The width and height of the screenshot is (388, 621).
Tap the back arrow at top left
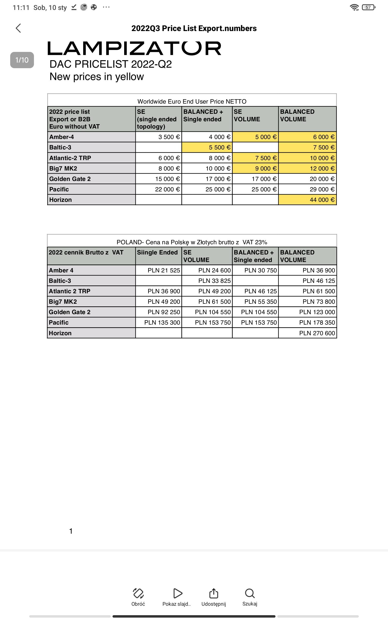(18, 28)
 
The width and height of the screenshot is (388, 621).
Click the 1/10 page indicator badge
(22, 60)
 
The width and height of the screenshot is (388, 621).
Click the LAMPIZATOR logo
(134, 49)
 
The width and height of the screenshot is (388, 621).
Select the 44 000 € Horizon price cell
(307, 200)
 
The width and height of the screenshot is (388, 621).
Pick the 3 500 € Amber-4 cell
(159, 137)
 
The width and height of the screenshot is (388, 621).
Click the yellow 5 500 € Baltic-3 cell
(207, 147)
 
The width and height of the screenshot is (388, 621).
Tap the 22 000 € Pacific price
(159, 189)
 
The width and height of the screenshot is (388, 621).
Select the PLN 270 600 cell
(307, 333)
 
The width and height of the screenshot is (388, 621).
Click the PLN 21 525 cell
(159, 270)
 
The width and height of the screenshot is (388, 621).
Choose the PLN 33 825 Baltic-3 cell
(207, 281)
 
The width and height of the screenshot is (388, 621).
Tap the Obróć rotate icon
(138, 593)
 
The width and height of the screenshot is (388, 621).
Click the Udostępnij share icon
(213, 593)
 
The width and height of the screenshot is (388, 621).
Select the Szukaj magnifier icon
(250, 593)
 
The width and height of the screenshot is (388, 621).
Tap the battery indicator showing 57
(368, 8)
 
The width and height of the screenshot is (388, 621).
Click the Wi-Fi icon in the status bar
(354, 8)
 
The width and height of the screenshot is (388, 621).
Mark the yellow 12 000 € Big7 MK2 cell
(307, 168)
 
